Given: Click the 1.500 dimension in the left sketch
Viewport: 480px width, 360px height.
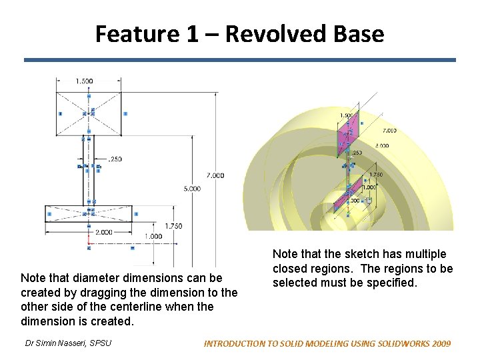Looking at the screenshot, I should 85,81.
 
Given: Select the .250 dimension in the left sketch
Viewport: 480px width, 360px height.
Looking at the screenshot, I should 115,159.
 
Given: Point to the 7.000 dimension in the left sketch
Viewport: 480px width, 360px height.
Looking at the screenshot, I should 215,175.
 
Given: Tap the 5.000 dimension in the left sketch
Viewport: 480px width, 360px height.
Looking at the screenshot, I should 191,189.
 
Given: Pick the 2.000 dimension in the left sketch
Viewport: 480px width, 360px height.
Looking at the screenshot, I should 103,232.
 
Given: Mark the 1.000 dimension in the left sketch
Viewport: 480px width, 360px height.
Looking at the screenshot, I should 153,236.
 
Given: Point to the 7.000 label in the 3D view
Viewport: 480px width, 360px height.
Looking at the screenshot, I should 389,131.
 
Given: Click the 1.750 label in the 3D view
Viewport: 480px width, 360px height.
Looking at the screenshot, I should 376,175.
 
